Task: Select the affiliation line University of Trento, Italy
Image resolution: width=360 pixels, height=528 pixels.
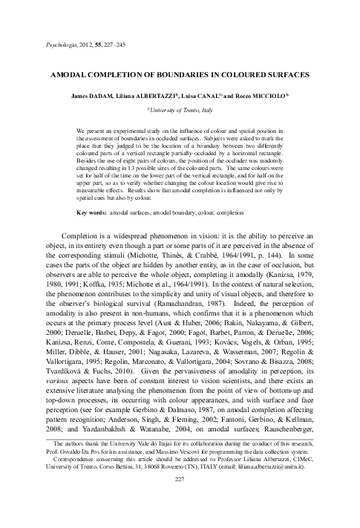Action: coord(179,108)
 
